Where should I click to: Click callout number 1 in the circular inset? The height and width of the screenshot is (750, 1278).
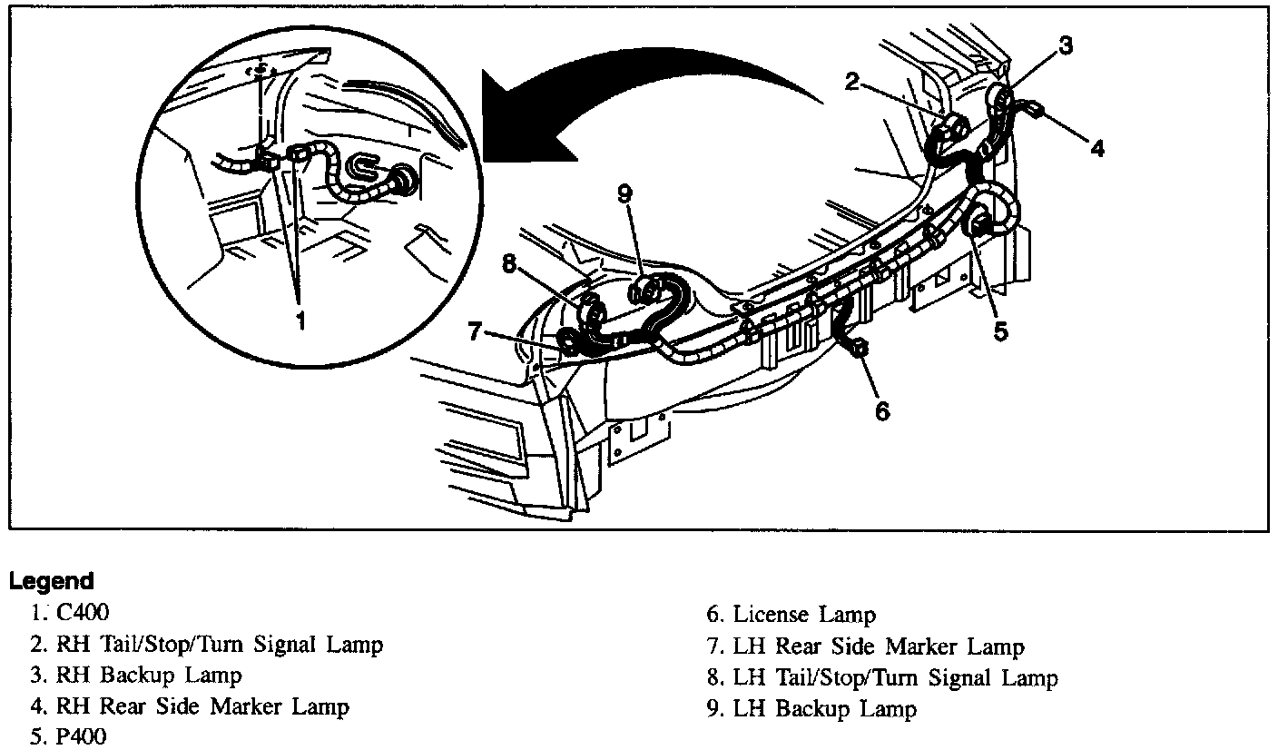300,321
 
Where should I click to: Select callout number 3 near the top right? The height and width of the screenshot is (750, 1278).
1066,45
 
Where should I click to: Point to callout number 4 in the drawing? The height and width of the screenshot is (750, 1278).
1097,148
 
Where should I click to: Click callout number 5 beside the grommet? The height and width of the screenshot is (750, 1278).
1000,332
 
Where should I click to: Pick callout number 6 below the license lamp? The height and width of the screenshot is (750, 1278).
882,411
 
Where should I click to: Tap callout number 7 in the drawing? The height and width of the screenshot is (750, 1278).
474,331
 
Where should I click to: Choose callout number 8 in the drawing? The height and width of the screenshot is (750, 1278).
508,264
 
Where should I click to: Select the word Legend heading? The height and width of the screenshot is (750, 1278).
52,581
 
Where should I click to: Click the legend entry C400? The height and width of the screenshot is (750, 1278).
83,613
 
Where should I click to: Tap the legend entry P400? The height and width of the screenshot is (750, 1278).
81,736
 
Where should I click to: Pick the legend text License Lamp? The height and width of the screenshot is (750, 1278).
804,615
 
